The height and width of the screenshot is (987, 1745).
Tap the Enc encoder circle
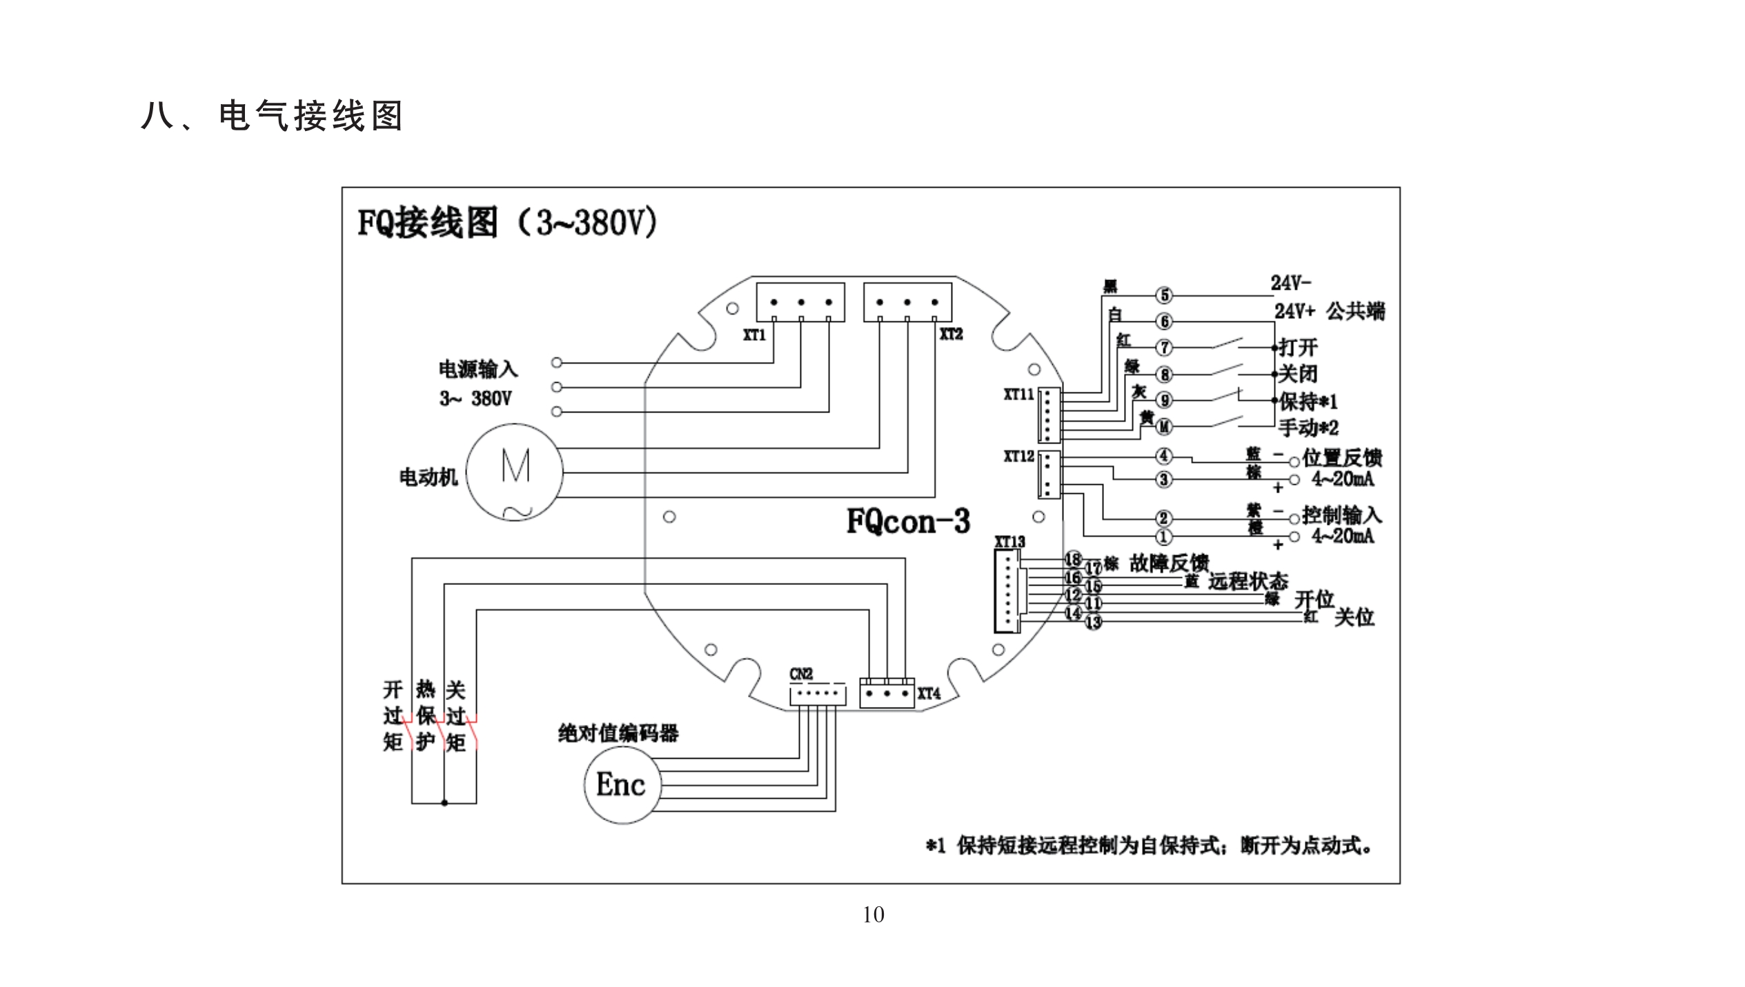(x=620, y=784)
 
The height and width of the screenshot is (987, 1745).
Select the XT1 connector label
(x=754, y=335)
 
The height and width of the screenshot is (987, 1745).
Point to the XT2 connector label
(x=951, y=334)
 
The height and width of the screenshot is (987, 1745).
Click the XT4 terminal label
(x=929, y=693)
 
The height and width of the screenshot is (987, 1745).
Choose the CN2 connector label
(x=801, y=674)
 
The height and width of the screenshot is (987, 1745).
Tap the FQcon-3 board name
(x=908, y=521)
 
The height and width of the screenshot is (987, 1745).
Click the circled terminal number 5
(x=1164, y=295)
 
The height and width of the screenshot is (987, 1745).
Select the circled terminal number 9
(x=1164, y=400)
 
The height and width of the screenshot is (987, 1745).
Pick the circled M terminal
(x=1164, y=427)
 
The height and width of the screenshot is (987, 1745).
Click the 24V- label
(x=1291, y=283)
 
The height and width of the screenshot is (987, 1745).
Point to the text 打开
(x=1298, y=346)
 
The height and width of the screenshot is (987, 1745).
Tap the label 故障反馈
(x=1169, y=564)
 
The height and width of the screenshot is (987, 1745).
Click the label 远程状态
(x=1248, y=581)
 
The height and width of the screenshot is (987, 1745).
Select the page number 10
(x=873, y=915)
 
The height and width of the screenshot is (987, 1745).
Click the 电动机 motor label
(x=428, y=477)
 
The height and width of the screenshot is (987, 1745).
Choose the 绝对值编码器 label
(x=618, y=732)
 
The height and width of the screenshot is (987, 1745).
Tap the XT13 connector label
(x=1009, y=542)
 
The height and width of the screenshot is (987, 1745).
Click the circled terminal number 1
(x=1164, y=536)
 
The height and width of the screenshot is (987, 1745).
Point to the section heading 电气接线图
(x=310, y=116)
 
